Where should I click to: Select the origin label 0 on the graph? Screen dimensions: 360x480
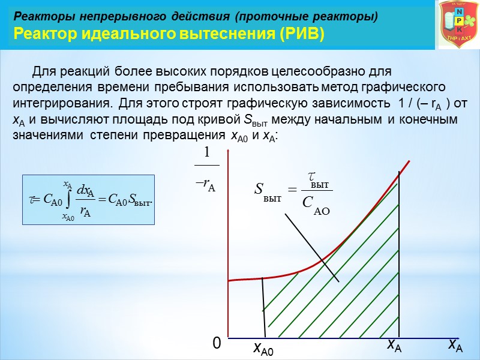pos(217,343)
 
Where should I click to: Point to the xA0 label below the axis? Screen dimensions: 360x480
pos(263,349)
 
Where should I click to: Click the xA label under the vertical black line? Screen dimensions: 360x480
pos(394,345)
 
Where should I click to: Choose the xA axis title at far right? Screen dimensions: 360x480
pos(455,345)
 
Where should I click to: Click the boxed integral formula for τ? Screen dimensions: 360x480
pos(88,200)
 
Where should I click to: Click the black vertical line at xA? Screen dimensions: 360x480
pos(400,252)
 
